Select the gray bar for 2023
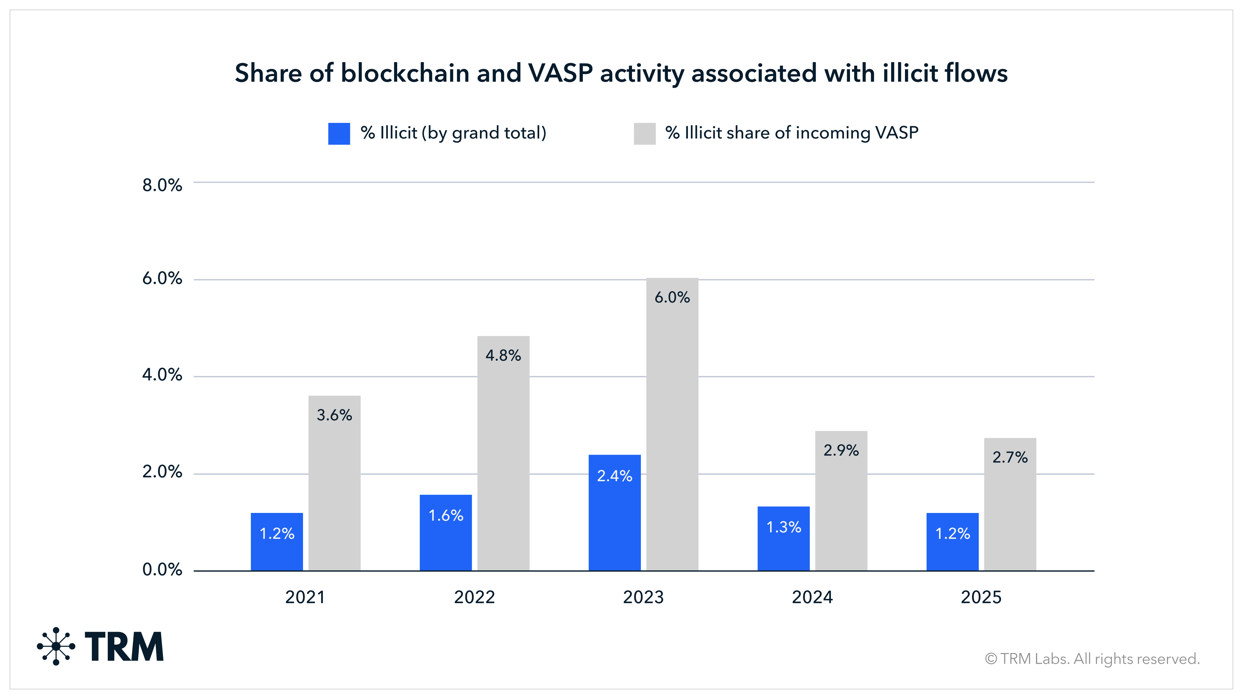[x=672, y=425]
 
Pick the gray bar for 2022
[x=503, y=453]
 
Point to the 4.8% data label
[x=503, y=356]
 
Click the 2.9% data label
[x=841, y=450]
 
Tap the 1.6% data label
[x=446, y=516]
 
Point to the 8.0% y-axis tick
[x=162, y=185]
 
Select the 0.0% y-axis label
[x=162, y=570]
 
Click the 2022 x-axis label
[x=474, y=597]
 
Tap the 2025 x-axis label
[x=981, y=597]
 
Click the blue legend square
[x=339, y=134]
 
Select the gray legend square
[x=645, y=134]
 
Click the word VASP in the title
[x=560, y=73]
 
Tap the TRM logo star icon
[x=56, y=646]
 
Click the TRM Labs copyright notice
[x=1092, y=659]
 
